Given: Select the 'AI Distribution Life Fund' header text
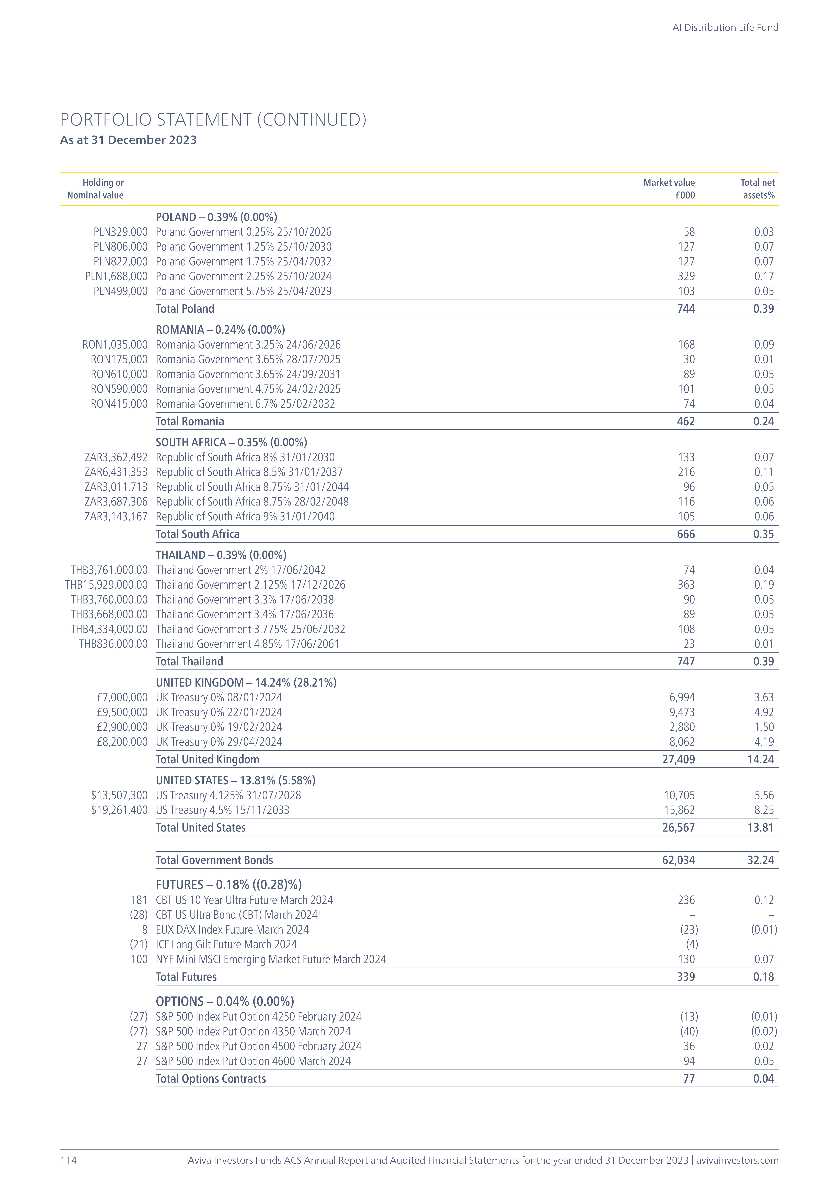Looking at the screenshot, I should [725, 27].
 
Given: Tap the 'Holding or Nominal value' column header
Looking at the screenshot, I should [96, 189].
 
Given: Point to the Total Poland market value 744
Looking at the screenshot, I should [686, 309].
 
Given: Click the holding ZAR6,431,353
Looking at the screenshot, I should [116, 472].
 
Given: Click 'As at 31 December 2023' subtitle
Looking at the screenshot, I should [128, 140].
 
